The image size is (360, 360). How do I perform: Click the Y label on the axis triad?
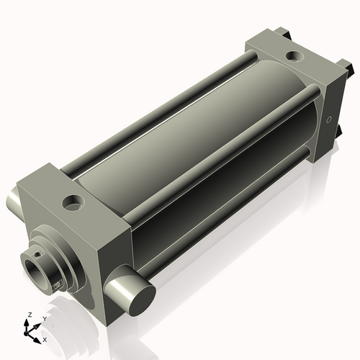point(44,319)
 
